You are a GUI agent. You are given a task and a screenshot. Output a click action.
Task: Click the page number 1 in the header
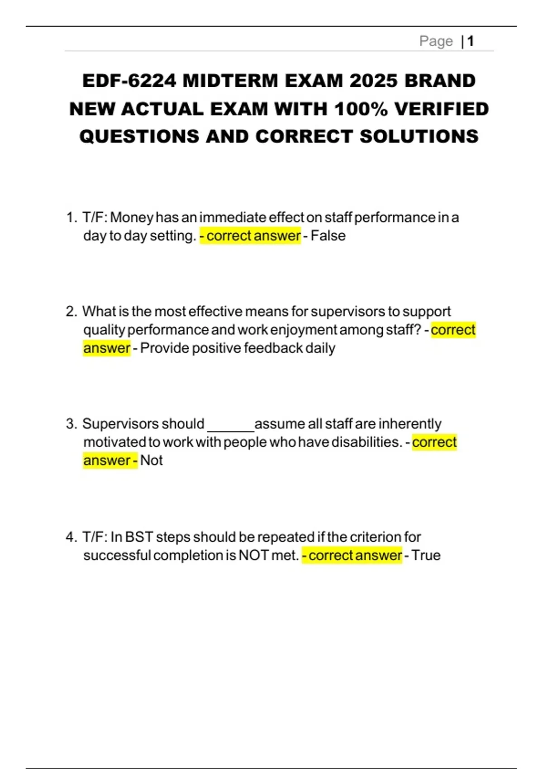(x=471, y=41)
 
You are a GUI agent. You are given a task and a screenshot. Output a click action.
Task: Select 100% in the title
(x=361, y=109)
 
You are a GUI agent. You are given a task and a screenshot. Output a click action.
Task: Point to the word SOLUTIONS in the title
(x=419, y=137)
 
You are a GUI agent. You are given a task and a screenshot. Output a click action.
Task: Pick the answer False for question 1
(x=328, y=236)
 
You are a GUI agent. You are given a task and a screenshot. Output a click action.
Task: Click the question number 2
(x=71, y=312)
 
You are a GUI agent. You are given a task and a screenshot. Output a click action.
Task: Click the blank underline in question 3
(x=230, y=425)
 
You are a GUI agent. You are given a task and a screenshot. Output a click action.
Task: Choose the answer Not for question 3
(x=151, y=460)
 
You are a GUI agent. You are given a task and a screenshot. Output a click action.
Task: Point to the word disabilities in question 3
(x=367, y=442)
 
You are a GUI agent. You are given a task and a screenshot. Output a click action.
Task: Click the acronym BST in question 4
(x=139, y=537)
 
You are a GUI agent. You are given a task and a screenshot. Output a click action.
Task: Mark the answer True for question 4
(x=426, y=555)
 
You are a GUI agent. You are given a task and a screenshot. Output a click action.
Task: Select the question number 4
(x=71, y=537)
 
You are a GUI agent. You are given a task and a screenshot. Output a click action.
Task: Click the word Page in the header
(x=436, y=41)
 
